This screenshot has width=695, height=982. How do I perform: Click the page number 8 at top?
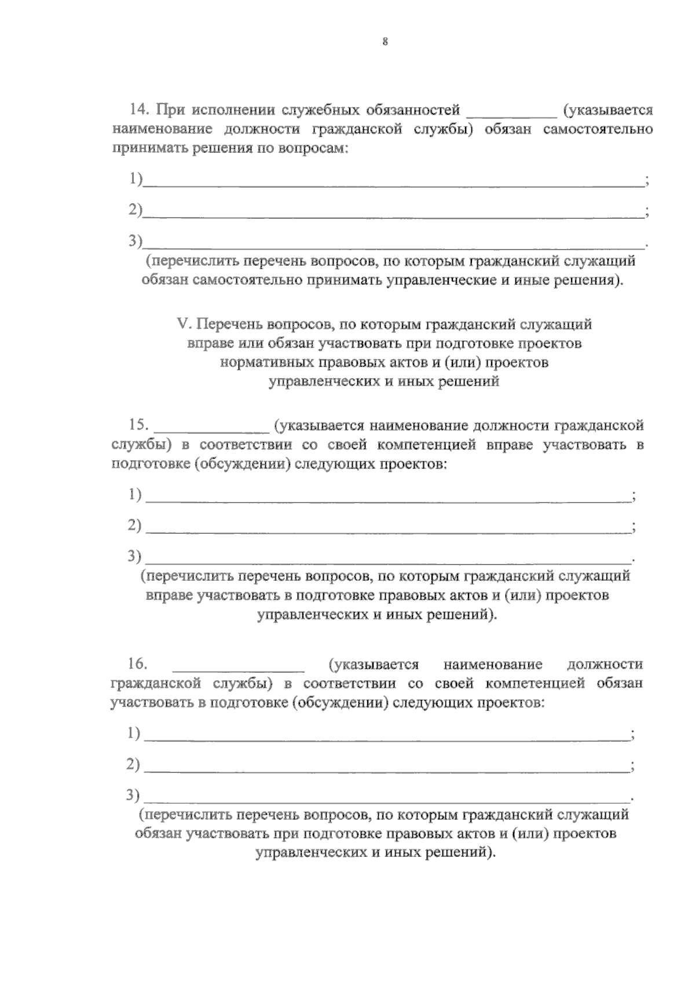click(x=385, y=41)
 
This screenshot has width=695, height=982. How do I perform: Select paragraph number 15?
click(x=139, y=425)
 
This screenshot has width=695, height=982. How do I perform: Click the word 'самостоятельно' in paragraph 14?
click(x=598, y=129)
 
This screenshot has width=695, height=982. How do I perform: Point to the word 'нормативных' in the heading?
click(x=266, y=362)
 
